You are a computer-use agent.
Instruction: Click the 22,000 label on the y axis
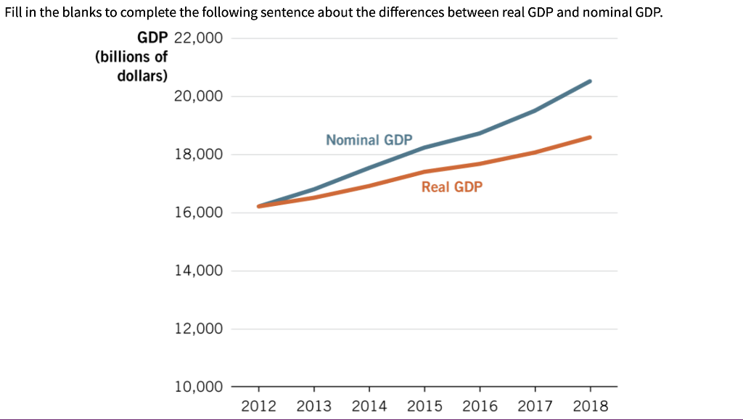coord(199,38)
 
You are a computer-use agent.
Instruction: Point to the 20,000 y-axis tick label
coord(199,96)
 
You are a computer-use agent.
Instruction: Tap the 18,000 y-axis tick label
coord(199,155)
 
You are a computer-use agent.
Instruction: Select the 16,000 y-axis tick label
coord(199,213)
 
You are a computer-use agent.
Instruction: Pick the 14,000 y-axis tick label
coord(199,271)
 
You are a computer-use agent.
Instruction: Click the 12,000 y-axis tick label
coord(199,329)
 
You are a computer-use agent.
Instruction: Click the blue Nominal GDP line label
coord(369,139)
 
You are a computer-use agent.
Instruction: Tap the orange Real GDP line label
coord(451,187)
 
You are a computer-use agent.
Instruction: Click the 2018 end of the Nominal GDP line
coord(590,81)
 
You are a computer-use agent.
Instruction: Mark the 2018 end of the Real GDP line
coord(590,137)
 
